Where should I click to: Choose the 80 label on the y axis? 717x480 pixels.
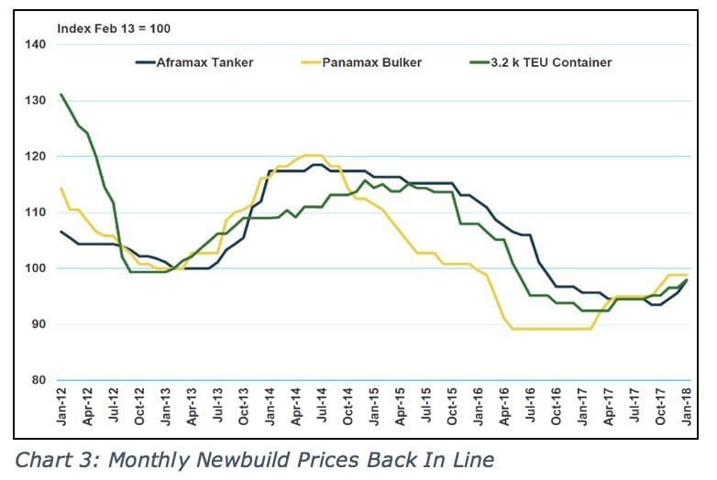[37, 380]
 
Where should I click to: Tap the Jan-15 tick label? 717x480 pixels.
[374, 409]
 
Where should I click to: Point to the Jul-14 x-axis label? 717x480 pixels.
[322, 409]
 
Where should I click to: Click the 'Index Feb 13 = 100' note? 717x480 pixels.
[114, 28]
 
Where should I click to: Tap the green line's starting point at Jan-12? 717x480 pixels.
[61, 94]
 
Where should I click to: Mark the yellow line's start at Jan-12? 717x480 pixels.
[61, 188]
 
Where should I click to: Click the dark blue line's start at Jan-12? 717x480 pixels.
[61, 232]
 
